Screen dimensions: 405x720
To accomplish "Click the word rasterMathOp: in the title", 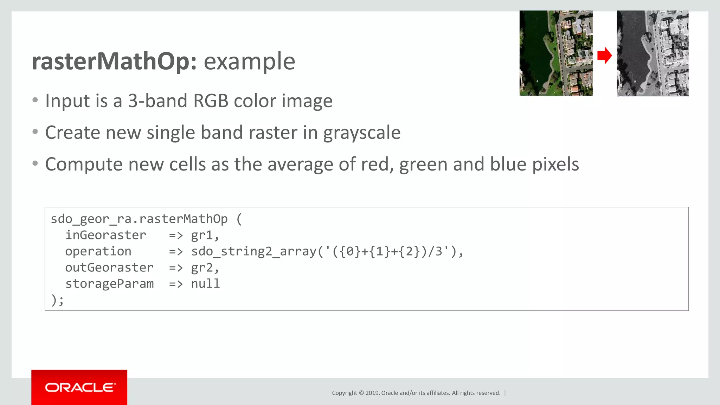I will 114,62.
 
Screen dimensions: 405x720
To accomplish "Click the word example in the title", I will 249,62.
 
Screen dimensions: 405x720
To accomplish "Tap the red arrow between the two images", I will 604,56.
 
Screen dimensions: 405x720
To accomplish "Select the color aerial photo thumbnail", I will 556,53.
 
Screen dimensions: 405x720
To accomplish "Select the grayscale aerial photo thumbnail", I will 652,53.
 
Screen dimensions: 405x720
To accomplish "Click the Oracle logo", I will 79,387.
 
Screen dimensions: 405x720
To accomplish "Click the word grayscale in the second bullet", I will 362,133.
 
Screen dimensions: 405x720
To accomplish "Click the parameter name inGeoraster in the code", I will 105,235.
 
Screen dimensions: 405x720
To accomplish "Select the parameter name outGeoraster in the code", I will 109,268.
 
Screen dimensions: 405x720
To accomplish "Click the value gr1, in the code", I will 205,235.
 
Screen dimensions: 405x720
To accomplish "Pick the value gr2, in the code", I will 205,268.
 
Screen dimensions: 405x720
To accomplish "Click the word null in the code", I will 205,284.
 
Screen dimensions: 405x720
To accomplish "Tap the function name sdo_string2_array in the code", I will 253,251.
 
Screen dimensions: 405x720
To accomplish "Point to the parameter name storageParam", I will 109,284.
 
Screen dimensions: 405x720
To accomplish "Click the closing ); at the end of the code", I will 58,300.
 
